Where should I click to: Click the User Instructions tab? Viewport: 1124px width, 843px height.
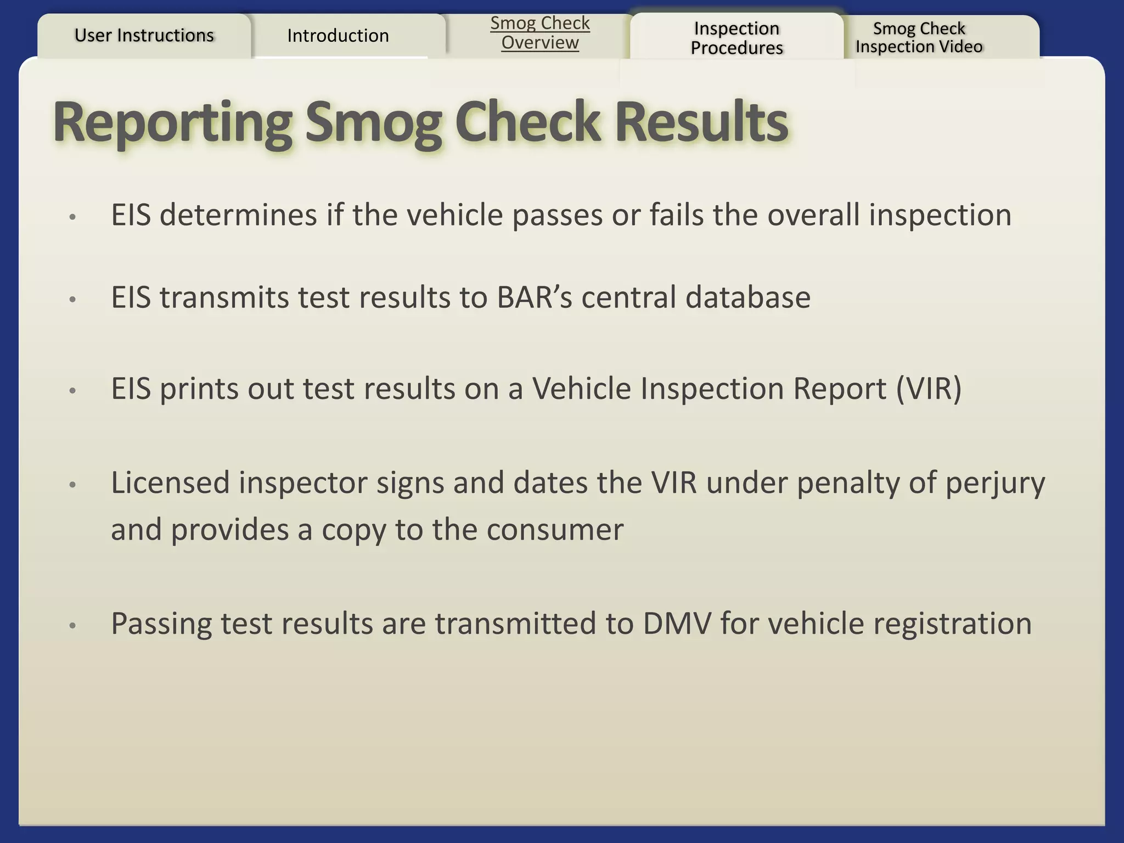[144, 36]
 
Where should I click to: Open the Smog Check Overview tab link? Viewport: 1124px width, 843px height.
[539, 33]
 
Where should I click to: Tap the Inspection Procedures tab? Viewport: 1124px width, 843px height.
[737, 38]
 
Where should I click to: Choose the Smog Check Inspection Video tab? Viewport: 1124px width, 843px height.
[919, 37]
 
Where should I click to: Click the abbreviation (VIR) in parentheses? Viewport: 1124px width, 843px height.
[929, 389]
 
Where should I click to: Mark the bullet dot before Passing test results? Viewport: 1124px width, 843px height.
[72, 626]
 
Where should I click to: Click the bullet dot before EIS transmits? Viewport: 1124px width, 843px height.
[72, 300]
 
